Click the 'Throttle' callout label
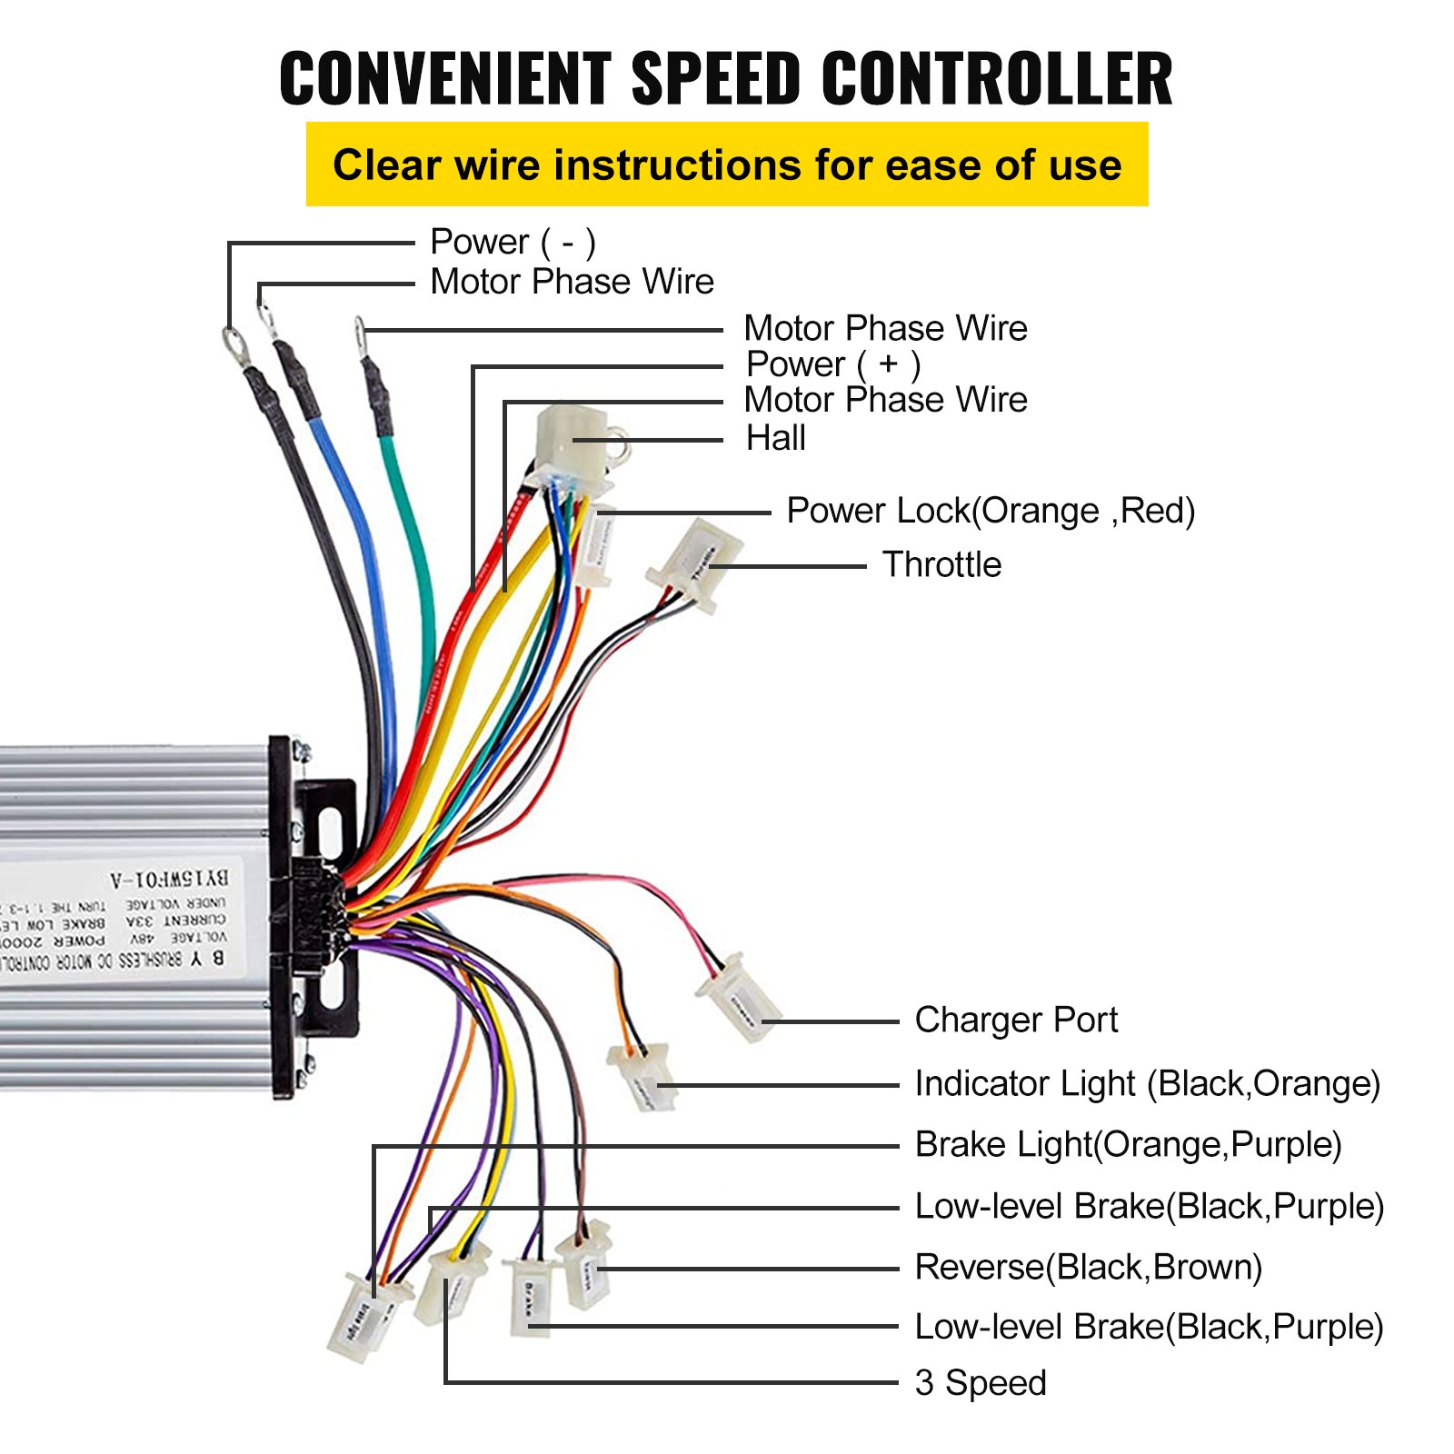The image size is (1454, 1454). [941, 564]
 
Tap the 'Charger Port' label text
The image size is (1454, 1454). [1015, 1020]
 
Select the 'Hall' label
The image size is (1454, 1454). [775, 438]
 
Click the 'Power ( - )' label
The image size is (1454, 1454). [513, 242]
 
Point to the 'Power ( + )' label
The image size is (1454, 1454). [832, 364]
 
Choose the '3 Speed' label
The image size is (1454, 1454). [980, 1382]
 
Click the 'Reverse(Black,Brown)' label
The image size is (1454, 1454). [1088, 1267]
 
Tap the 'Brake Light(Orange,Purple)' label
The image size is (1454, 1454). [1128, 1144]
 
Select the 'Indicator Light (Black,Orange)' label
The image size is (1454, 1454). [1147, 1083]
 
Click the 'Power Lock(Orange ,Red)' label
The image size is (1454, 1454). [990, 511]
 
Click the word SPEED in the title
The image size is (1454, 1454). [715, 78]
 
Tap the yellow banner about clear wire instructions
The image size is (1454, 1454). [727, 164]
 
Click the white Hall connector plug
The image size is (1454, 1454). [571, 445]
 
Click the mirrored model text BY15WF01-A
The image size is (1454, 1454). [170, 879]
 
